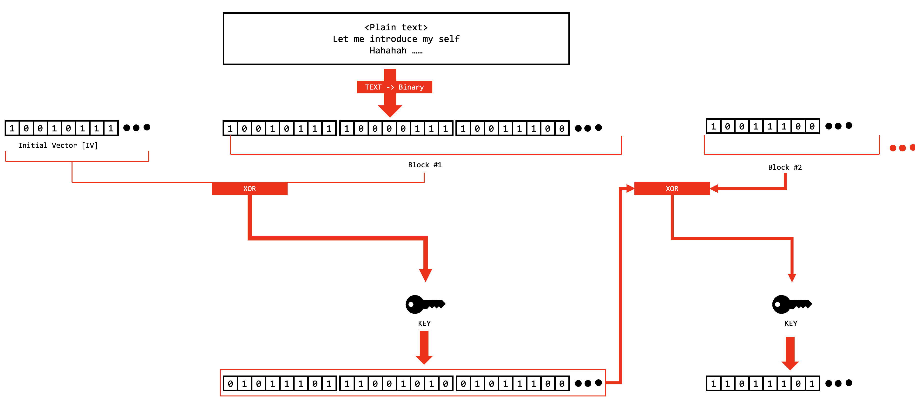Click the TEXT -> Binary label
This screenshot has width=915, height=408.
(394, 87)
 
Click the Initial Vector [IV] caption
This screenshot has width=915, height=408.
(58, 145)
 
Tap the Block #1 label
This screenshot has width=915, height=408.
(424, 165)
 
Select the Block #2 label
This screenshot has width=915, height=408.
(785, 167)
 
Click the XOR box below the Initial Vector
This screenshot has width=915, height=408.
(249, 188)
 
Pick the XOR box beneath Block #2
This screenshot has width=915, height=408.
(672, 188)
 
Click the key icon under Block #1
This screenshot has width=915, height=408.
(425, 304)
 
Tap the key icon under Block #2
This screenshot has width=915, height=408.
(791, 304)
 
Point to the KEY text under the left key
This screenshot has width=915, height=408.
(424, 323)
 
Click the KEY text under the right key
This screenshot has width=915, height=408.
(791, 323)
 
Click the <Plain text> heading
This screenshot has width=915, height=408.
(396, 27)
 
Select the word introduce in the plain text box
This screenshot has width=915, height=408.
(393, 39)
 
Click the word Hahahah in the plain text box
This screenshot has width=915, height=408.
(388, 50)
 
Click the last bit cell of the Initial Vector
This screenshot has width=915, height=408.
(111, 128)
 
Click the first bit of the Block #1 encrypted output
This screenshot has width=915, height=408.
(230, 383)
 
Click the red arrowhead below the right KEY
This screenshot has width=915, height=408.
(790, 365)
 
